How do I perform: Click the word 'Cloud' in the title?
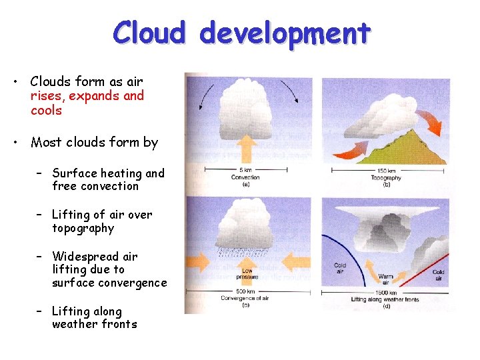(149, 32)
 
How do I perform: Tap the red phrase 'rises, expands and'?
(87, 96)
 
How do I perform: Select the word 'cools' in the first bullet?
(46, 111)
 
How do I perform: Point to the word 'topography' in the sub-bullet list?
(83, 229)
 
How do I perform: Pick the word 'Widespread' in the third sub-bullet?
(86, 256)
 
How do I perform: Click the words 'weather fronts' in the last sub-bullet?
(94, 325)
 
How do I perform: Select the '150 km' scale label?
(387, 171)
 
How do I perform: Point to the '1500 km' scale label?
(386, 293)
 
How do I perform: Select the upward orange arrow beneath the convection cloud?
(245, 147)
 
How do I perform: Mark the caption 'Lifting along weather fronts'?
(386, 300)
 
